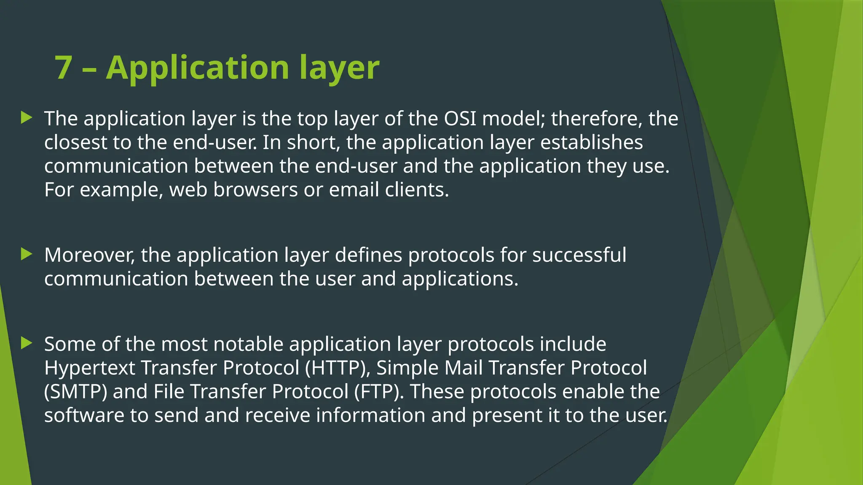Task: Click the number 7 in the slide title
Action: pos(63,68)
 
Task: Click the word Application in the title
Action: pos(197,68)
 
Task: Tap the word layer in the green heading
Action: pos(339,69)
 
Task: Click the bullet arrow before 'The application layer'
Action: pos(27,118)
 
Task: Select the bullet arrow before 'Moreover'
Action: pos(27,254)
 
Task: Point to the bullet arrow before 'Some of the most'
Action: pos(27,343)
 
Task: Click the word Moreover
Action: pos(89,255)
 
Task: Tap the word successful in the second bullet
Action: pos(579,255)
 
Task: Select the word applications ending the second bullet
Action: pos(459,279)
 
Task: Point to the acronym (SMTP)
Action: pos(76,392)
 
